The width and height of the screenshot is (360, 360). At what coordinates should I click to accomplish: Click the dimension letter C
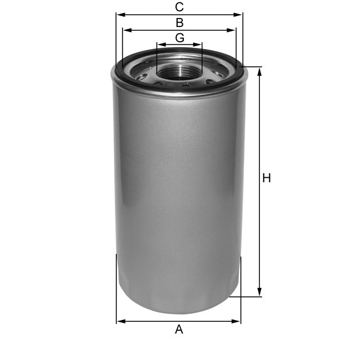tap(179, 7)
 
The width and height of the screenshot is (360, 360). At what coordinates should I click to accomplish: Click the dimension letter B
tap(179, 23)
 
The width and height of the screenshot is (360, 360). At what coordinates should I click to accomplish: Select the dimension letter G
tap(179, 38)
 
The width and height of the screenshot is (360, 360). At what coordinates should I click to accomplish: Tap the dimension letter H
tap(267, 178)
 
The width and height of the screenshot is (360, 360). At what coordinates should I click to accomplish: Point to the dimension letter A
tap(179, 330)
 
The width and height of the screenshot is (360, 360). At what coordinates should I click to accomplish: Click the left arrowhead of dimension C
tap(119, 15)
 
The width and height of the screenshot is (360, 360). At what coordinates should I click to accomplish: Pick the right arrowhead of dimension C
tap(240, 15)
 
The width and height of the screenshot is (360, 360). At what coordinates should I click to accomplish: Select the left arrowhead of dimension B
tap(125, 30)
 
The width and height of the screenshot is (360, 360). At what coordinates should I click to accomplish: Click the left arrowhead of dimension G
tap(159, 44)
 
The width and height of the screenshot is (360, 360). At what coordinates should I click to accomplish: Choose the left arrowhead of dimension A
tap(119, 322)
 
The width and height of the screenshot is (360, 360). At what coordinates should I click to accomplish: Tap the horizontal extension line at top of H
tap(253, 67)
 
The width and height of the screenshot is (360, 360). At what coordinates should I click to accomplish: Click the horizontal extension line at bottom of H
tap(247, 296)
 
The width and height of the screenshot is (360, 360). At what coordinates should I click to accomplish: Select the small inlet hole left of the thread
tap(141, 76)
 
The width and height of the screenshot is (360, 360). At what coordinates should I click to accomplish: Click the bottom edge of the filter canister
tap(178, 312)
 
